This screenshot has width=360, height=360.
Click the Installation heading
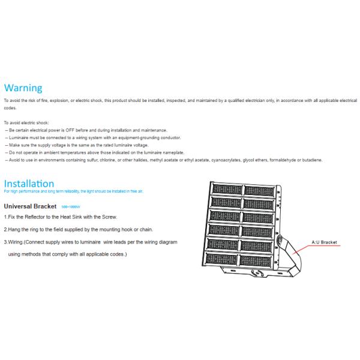pos(29,183)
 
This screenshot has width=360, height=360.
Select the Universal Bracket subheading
pos(31,206)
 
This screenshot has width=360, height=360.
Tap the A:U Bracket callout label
pos(324,242)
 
